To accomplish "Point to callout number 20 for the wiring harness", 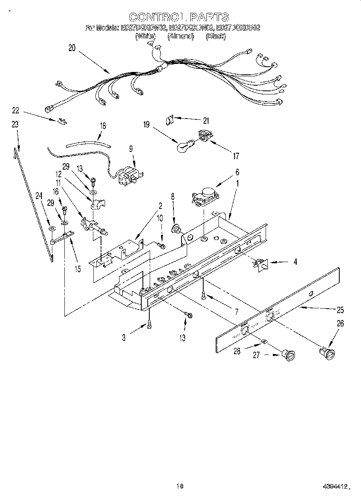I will click(72, 48).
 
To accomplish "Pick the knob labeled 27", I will click(289, 355).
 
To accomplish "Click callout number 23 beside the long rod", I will click(15, 125).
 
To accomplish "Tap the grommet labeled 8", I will click(176, 230).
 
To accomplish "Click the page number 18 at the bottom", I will click(180, 486).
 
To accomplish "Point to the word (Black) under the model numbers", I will click(216, 36).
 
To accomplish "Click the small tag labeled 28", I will click(263, 341).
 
